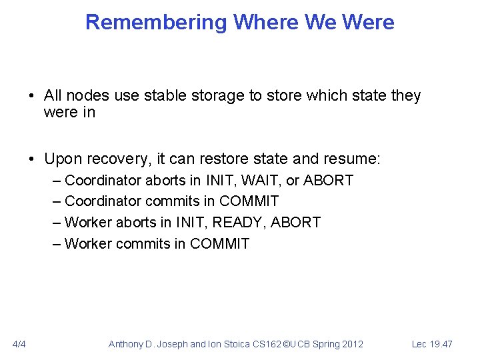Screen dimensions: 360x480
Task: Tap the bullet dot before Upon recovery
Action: pos(32,159)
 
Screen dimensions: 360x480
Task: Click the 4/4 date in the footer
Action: pos(19,344)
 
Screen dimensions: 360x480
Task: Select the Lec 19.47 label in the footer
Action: pos(432,344)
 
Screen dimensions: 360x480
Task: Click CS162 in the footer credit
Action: pos(262,344)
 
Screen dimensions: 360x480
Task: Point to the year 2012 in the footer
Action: pos(351,344)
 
